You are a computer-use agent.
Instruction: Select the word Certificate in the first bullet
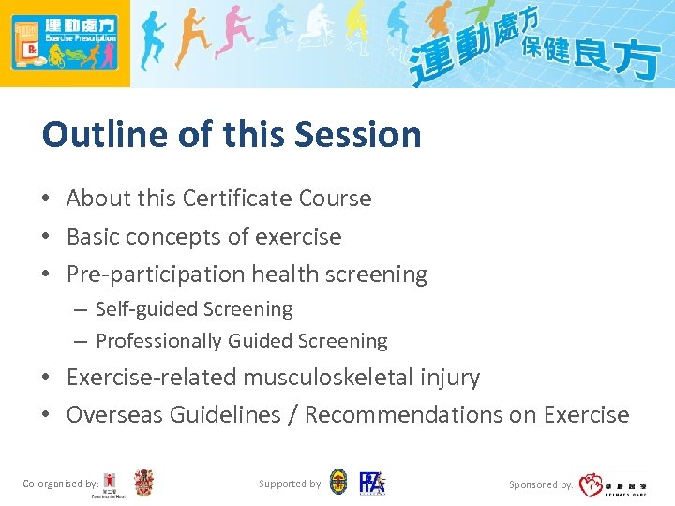(236, 199)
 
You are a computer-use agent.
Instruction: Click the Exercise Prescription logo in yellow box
(65, 43)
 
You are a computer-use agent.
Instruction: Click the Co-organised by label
(60, 484)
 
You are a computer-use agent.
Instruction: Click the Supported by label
(291, 484)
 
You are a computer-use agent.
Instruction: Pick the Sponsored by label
(541, 484)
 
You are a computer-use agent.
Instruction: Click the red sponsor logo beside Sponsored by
(591, 484)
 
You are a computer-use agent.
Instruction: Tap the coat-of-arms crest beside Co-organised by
(143, 483)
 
